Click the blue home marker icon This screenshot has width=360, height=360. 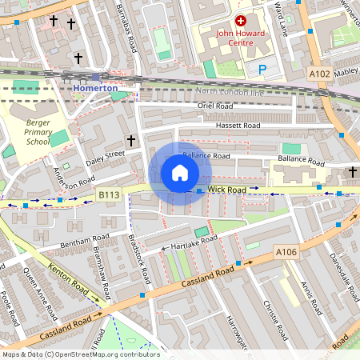[x=180, y=173]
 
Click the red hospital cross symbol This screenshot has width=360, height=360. [x=240, y=19]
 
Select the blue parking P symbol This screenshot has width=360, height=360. [x=262, y=70]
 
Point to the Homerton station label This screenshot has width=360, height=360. [x=94, y=87]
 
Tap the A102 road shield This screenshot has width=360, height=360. [x=320, y=74]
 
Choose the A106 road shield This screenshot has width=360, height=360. [x=286, y=253]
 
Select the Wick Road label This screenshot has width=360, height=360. [x=226, y=190]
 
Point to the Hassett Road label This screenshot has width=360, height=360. [x=238, y=126]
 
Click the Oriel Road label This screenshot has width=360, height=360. [x=214, y=105]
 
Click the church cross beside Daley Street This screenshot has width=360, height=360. [x=131, y=141]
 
